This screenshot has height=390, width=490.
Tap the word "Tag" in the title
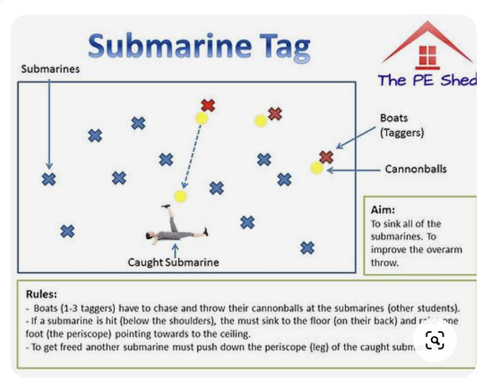[282, 47]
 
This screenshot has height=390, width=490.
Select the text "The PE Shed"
[427, 80]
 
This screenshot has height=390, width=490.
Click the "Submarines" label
[50, 69]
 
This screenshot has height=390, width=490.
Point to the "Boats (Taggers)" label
[402, 125]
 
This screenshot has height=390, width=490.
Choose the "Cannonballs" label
[416, 169]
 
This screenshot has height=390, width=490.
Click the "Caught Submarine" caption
[173, 262]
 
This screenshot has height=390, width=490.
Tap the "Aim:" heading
[382, 210]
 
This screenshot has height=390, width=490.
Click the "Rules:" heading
[41, 293]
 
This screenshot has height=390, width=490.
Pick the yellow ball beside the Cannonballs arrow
[317, 168]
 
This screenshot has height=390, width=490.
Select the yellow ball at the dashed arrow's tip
[180, 196]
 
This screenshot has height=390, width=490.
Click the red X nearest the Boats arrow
[326, 157]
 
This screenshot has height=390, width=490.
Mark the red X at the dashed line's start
[208, 105]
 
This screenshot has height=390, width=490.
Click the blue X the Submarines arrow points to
[48, 179]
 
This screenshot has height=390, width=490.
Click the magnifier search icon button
[434, 341]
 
